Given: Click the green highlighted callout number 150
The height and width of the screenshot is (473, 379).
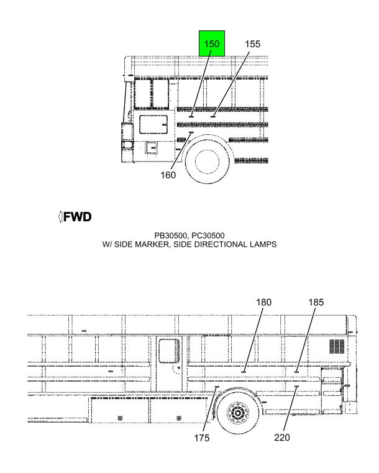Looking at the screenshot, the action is [x=212, y=44].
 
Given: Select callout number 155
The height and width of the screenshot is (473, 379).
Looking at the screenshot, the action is [x=252, y=44].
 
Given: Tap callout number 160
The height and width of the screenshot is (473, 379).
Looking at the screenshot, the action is [x=168, y=175].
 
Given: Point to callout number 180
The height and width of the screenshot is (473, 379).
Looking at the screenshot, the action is [x=264, y=302].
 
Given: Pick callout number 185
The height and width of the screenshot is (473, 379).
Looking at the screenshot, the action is [x=316, y=302].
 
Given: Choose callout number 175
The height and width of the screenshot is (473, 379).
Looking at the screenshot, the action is [x=202, y=438].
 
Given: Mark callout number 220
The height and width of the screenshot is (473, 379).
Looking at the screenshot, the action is [x=282, y=438].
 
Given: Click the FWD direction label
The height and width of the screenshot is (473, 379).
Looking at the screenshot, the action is [x=77, y=217].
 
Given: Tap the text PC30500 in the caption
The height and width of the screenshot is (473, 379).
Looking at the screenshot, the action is [x=208, y=236].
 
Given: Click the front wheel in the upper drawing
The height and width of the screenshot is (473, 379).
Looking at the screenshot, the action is [x=208, y=161].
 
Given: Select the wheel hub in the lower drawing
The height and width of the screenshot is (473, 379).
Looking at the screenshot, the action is [x=238, y=412].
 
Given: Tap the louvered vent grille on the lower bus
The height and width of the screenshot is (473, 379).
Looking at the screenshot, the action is [x=337, y=346].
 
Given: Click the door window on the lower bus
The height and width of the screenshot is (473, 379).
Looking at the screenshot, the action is [x=169, y=351].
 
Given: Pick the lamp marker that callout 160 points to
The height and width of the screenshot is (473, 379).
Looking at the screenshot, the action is [x=191, y=132].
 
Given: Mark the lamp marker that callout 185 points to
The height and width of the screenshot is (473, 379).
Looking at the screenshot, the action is [x=296, y=372].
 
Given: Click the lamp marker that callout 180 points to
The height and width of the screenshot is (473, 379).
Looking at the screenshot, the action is [x=244, y=372].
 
